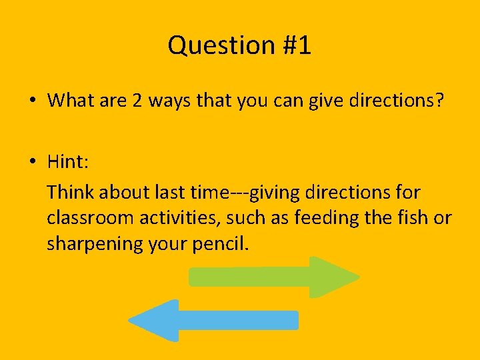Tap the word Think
(71, 193)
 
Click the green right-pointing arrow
(273, 277)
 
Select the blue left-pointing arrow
(213, 320)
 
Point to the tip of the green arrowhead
(359, 277)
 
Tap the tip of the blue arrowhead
(129, 321)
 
